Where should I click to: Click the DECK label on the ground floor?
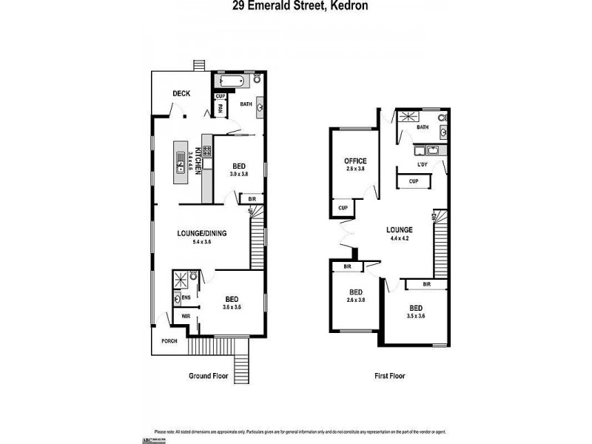[x=181, y=93]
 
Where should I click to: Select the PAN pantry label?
[x=221, y=108]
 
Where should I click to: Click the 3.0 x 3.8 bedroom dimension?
[x=239, y=175]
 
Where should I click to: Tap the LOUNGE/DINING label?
[x=201, y=233]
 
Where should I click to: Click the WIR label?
[x=186, y=316]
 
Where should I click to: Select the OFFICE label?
[x=356, y=161]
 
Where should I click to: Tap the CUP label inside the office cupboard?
[x=343, y=208]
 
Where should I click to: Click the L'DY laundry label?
[x=423, y=164]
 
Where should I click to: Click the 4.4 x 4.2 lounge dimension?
[x=400, y=239]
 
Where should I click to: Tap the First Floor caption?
[x=388, y=376]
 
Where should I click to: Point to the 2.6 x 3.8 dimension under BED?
[x=357, y=300]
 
